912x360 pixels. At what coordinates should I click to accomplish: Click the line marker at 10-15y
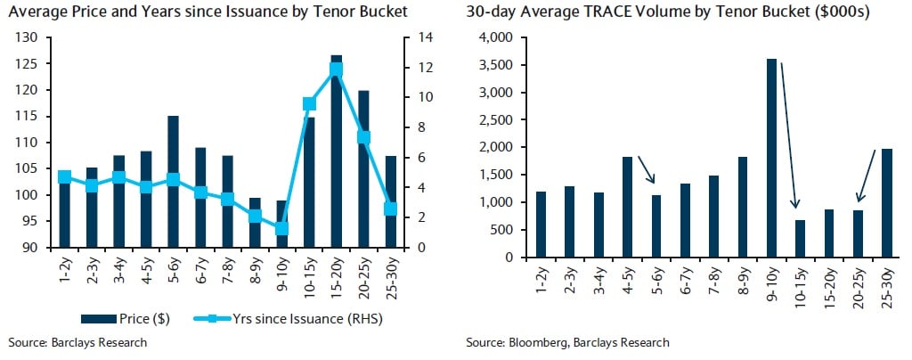tap(310, 103)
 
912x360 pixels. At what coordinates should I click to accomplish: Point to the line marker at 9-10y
tap(282, 228)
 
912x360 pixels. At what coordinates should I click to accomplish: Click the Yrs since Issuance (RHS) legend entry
tap(286, 318)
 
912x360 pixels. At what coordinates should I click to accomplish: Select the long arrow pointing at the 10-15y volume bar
tap(789, 134)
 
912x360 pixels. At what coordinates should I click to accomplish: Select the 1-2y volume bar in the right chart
tap(541, 224)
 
